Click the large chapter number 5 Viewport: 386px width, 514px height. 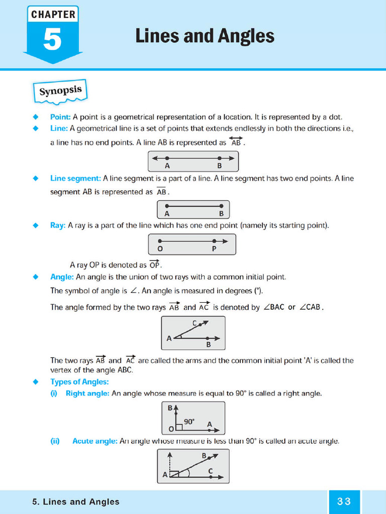[x=52, y=40]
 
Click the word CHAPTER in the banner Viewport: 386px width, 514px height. [x=52, y=15]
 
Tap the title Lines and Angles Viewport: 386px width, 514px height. [x=205, y=36]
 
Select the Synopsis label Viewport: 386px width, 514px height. [x=60, y=91]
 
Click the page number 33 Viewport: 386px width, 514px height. [x=344, y=501]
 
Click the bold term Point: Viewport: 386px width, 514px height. [x=61, y=117]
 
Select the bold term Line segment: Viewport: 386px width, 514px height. [x=75, y=178]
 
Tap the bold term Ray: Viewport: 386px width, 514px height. [x=58, y=225]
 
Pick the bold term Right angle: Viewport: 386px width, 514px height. [x=87, y=394]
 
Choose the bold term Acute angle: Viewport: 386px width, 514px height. [x=95, y=441]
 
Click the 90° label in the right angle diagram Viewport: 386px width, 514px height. [x=189, y=422]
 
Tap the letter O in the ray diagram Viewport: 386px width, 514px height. [x=160, y=248]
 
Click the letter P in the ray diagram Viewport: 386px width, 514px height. [x=214, y=248]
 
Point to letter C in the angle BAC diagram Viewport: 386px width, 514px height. [x=194, y=323]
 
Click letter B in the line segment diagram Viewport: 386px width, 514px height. [x=221, y=213]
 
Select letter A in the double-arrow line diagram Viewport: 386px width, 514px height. [x=167, y=166]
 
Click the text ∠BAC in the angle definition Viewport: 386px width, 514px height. [x=274, y=307]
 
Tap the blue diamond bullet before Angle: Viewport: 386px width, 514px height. [x=36, y=277]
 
